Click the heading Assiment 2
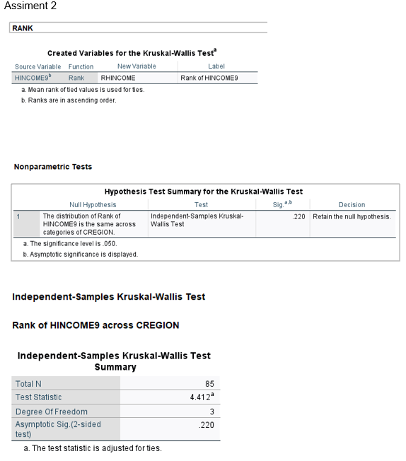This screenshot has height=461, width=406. click(29, 6)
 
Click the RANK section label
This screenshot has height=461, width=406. click(23, 28)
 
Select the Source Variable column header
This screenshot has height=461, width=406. click(37, 66)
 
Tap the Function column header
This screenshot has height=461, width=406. click(81, 66)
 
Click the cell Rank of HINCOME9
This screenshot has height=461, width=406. click(209, 78)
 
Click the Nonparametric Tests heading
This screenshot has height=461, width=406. click(52, 167)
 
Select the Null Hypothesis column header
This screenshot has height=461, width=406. click(93, 205)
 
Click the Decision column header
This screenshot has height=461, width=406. click(352, 205)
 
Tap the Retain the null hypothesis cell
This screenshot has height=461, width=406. click(352, 216)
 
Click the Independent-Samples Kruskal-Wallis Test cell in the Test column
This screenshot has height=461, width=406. click(197, 220)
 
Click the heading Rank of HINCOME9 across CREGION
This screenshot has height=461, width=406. click(95, 325)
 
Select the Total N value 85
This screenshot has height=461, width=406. click(209, 384)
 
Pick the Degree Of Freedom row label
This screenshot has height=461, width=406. click(52, 412)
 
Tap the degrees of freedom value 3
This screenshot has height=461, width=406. click(211, 412)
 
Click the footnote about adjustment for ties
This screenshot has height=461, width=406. click(92, 448)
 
